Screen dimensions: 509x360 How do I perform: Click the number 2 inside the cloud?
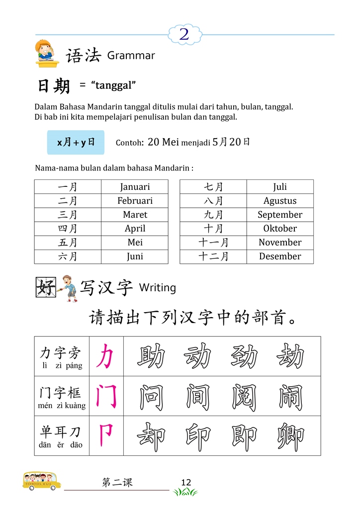click(x=184, y=34)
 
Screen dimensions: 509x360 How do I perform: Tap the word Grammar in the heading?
click(x=131, y=56)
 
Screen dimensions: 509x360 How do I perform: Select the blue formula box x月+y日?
click(x=76, y=142)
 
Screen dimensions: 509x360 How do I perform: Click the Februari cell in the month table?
click(x=135, y=201)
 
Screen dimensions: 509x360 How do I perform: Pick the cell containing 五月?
click(x=68, y=243)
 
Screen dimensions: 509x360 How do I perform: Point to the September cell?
click(x=280, y=215)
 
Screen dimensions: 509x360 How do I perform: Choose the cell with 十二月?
click(x=213, y=256)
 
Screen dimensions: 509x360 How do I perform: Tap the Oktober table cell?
click(x=280, y=229)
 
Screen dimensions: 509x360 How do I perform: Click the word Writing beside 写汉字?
click(x=157, y=287)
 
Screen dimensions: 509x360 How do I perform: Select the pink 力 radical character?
click(x=105, y=356)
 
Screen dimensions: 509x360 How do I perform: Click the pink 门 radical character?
click(x=106, y=396)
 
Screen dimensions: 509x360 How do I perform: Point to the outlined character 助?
click(x=151, y=356)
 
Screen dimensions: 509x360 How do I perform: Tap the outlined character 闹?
click(x=291, y=396)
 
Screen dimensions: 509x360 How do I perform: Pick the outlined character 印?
click(x=198, y=436)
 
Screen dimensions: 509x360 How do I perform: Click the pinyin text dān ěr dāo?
click(x=61, y=445)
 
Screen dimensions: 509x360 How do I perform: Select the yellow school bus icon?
click(x=42, y=480)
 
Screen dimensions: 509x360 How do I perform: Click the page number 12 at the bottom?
click(x=186, y=482)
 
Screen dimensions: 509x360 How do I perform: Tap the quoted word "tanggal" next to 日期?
click(x=113, y=85)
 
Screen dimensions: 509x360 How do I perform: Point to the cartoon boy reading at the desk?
click(x=47, y=53)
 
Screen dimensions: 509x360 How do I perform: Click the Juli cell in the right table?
click(x=280, y=187)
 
